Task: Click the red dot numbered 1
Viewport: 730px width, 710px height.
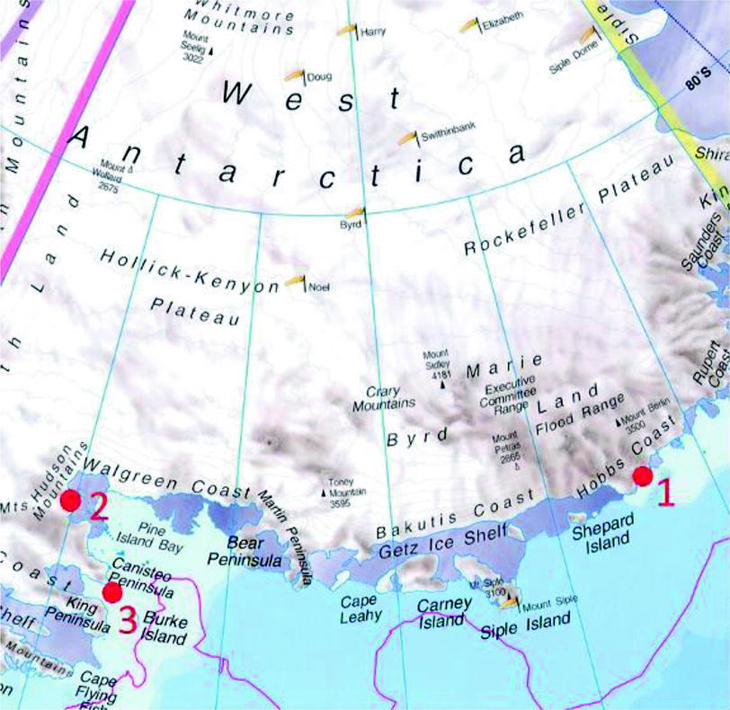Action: pos(642,475)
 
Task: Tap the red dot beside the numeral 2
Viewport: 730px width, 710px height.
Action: pos(70,501)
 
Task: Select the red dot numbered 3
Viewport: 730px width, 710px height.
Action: pos(112,592)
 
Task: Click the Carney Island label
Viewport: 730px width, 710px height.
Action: pos(443,612)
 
